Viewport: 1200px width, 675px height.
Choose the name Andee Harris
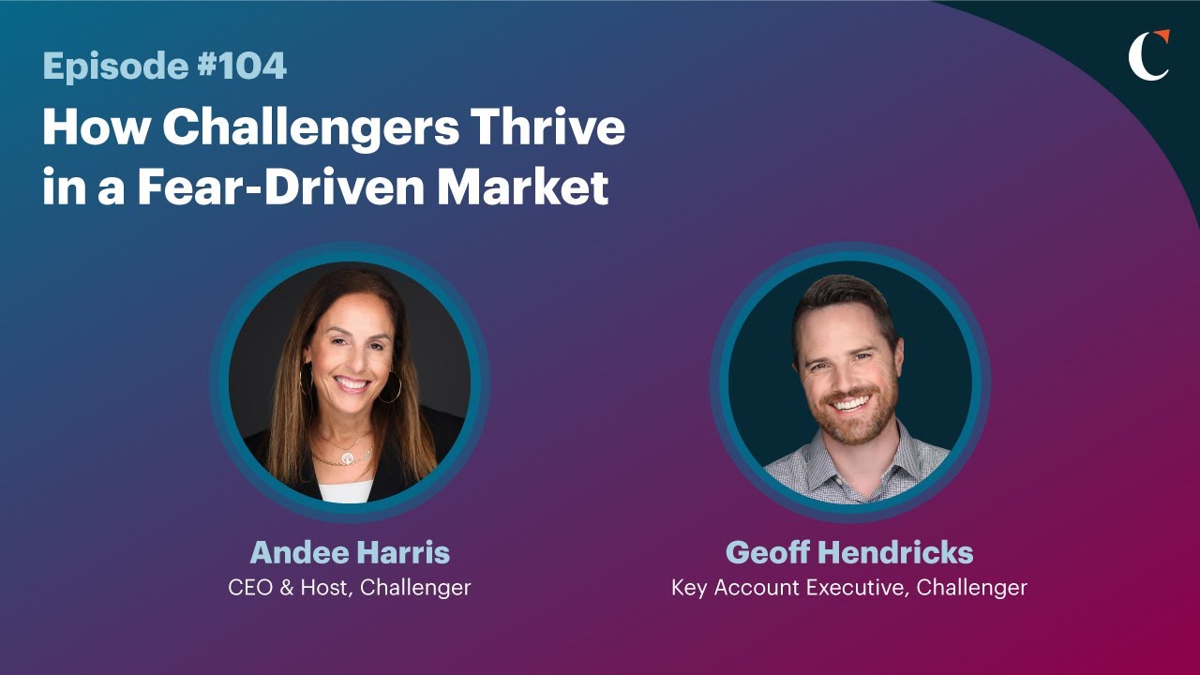pos(350,552)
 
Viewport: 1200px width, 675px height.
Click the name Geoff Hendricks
pos(849,552)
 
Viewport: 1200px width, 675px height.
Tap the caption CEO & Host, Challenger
pos(350,588)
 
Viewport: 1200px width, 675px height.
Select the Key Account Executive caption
pos(849,588)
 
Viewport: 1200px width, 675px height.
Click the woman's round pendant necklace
pos(347,457)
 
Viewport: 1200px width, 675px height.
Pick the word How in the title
pos(94,128)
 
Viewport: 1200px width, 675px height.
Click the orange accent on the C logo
pos(1162,37)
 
